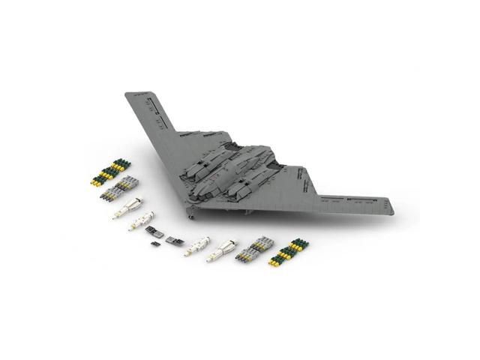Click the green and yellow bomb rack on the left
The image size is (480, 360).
pyautogui.click(x=109, y=172)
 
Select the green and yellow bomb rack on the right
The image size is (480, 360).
pyautogui.click(x=289, y=253)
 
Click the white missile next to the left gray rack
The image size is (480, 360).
pyautogui.click(x=127, y=208)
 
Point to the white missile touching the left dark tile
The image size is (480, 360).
pyautogui.click(x=141, y=222)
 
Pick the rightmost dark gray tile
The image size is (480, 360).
pyautogui.click(x=174, y=241)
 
